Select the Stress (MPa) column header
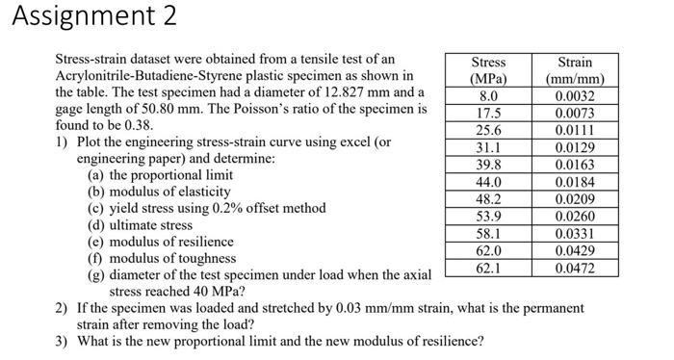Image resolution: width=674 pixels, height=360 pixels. [488, 70]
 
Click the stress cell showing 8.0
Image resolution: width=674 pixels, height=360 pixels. [488, 96]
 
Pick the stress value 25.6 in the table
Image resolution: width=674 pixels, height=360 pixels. [488, 131]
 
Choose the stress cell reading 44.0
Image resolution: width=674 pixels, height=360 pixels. [488, 182]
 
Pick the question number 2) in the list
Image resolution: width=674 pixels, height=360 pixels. [61, 308]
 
